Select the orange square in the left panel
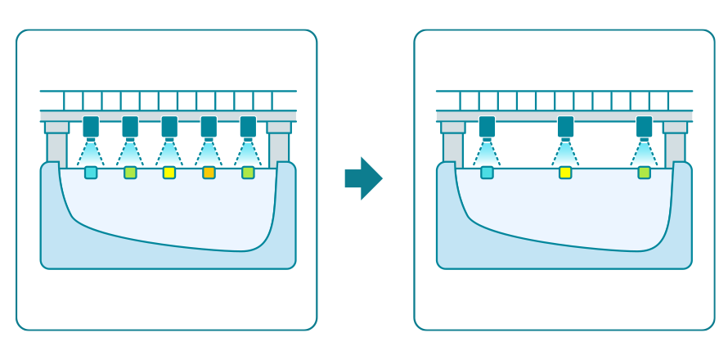pyautogui.click(x=209, y=173)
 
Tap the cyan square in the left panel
pyautogui.click(x=91, y=173)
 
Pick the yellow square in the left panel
pyautogui.click(x=169, y=173)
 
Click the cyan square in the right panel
pyautogui.click(x=487, y=173)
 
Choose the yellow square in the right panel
pyautogui.click(x=565, y=173)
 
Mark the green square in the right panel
pyautogui.click(x=644, y=173)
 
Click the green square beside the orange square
pyautogui.click(x=248, y=173)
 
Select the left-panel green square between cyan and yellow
pyautogui.click(x=130, y=173)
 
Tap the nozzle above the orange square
pyautogui.click(x=209, y=127)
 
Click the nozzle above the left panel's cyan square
pyautogui.click(x=91, y=127)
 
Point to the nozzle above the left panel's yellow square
pyautogui.click(x=169, y=127)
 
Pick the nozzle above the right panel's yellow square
pyautogui.click(x=565, y=127)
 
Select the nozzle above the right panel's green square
pyautogui.click(x=644, y=127)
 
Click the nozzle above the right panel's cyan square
pyautogui.click(x=487, y=127)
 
